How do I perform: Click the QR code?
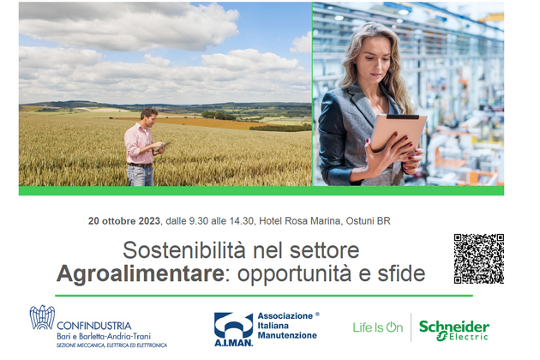tap(478, 259)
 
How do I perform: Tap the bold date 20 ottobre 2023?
tap(124, 221)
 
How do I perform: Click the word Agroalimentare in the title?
tap(141, 274)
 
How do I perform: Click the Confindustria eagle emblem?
tap(42, 317)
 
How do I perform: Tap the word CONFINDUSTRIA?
tap(94, 326)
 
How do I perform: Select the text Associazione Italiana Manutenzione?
tap(287, 326)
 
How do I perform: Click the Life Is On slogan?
tap(378, 327)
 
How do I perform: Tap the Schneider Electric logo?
tap(454, 330)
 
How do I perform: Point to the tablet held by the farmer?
tap(162, 146)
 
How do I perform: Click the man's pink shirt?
tap(139, 143)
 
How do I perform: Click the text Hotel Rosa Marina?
tap(300, 221)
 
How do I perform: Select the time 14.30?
tap(242, 221)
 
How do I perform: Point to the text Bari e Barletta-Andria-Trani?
tap(104, 336)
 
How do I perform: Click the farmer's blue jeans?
tap(141, 176)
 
